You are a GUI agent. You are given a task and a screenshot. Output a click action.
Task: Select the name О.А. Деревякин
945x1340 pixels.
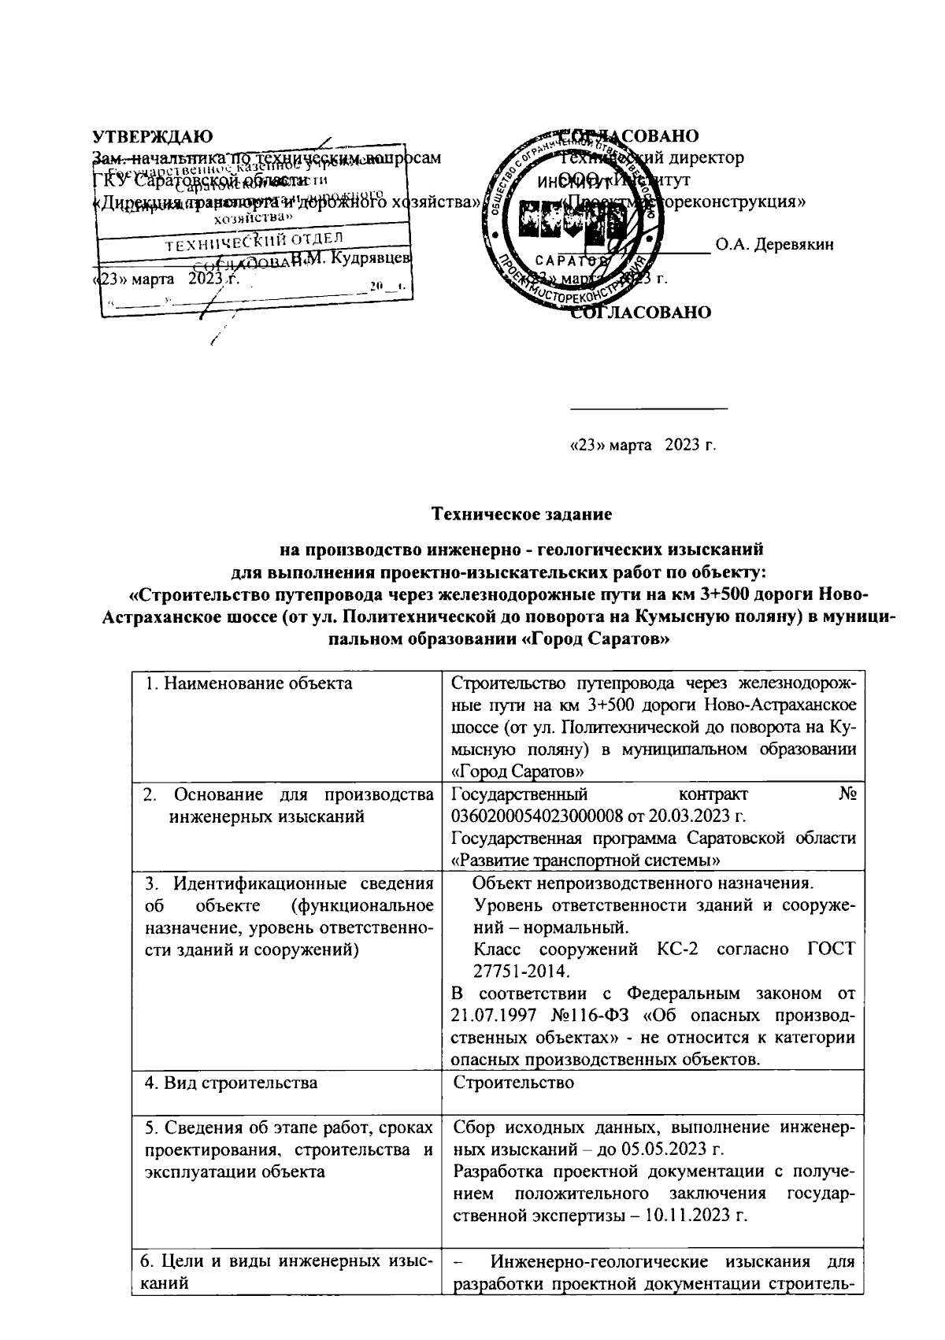pos(774,244)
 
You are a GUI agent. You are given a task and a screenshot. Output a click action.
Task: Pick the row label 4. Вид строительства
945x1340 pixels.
pos(232,1083)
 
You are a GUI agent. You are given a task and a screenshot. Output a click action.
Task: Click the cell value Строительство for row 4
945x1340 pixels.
pos(513,1083)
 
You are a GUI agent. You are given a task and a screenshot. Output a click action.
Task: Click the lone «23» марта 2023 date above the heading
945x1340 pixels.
pos(643,446)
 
